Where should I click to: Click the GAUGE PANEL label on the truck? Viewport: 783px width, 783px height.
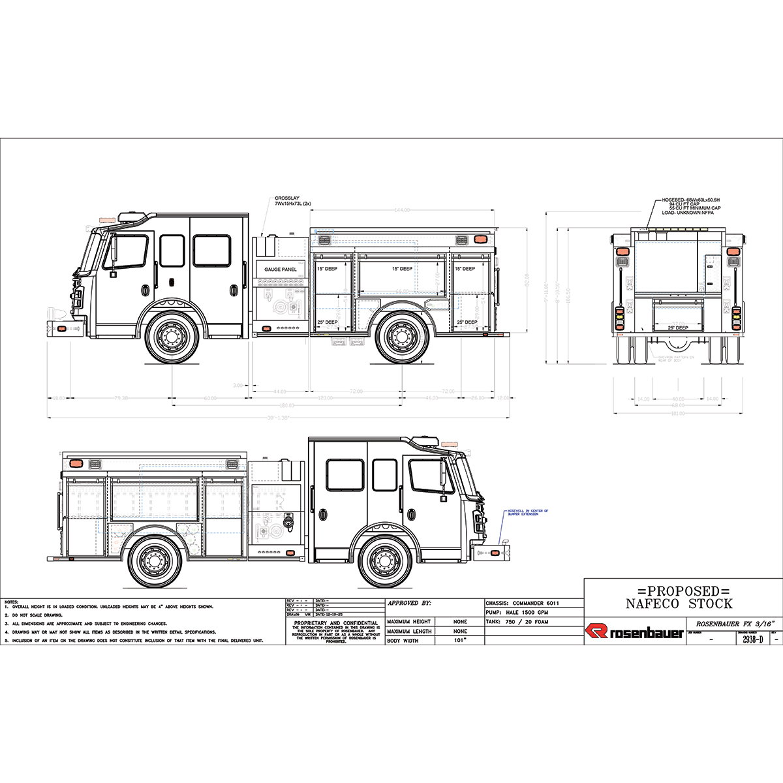coord(280,269)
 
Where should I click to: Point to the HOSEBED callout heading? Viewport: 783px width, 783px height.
coord(691,199)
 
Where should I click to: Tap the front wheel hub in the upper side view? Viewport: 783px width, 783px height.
coord(172,336)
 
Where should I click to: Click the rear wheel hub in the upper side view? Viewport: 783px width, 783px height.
coord(401,336)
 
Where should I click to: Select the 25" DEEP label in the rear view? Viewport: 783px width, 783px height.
coord(678,328)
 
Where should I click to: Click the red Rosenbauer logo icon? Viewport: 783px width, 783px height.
coord(596,632)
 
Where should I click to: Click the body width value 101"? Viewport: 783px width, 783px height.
coord(460,641)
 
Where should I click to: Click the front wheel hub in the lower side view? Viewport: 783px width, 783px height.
coord(384,560)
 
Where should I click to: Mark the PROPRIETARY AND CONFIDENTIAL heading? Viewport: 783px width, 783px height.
coord(336,623)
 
